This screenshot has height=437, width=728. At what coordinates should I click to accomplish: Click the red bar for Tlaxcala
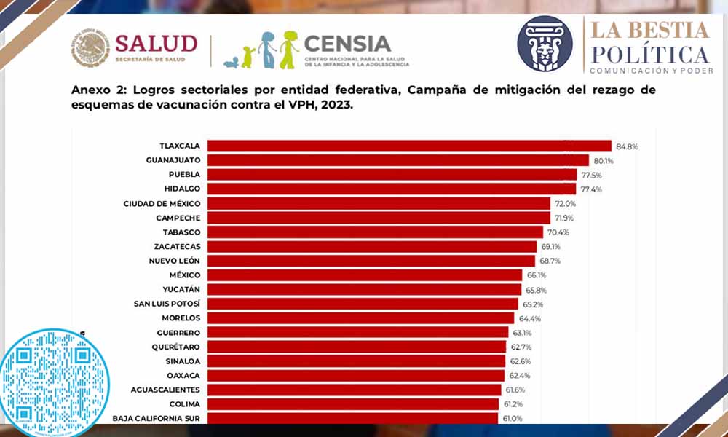(x=408, y=146)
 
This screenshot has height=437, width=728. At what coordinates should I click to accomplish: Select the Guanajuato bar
(x=397, y=160)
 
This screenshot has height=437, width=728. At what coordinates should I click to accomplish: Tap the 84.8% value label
(x=627, y=146)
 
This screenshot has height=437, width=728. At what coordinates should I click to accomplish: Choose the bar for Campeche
(x=379, y=218)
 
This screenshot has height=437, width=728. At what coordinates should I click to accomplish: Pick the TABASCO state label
(x=181, y=232)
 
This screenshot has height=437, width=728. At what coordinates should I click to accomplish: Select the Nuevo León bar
(x=371, y=261)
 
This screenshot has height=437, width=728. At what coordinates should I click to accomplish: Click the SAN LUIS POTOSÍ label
(x=167, y=303)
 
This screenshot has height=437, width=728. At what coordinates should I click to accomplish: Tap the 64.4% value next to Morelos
(x=529, y=318)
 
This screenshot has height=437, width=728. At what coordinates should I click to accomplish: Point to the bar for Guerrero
(x=357, y=332)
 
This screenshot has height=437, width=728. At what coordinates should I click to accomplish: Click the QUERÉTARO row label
(x=175, y=346)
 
